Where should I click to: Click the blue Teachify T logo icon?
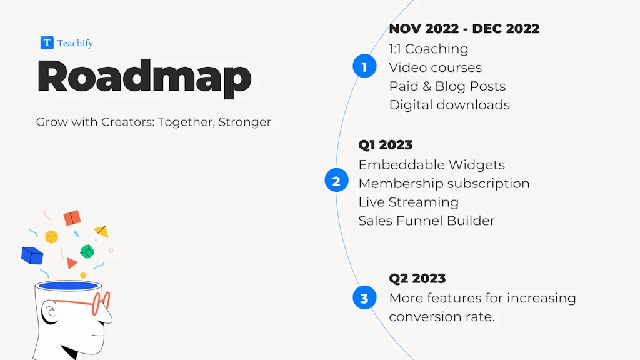pos(47,42)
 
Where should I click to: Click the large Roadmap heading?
pos(144,77)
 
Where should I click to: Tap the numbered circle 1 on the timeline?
pos(364,66)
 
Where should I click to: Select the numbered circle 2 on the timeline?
pos(336,181)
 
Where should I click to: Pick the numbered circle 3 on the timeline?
pos(364,297)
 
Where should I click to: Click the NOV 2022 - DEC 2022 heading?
pos(464,29)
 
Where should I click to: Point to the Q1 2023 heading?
pos(385,145)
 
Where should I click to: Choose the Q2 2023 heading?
pos(417,278)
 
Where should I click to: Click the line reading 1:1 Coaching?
pos(429,49)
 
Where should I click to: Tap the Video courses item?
pos(435,67)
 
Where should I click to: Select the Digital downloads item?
pos(449,105)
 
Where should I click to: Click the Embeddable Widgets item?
pos(431,165)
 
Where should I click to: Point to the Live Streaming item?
pos(408,202)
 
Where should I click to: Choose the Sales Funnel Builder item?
pos(426,221)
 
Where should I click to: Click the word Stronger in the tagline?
pos(244,122)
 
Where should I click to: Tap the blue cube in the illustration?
pos(32,256)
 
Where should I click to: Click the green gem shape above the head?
pos(87,251)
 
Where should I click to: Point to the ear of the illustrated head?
pos(51,312)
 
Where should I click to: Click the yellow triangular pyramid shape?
pos(101,231)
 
